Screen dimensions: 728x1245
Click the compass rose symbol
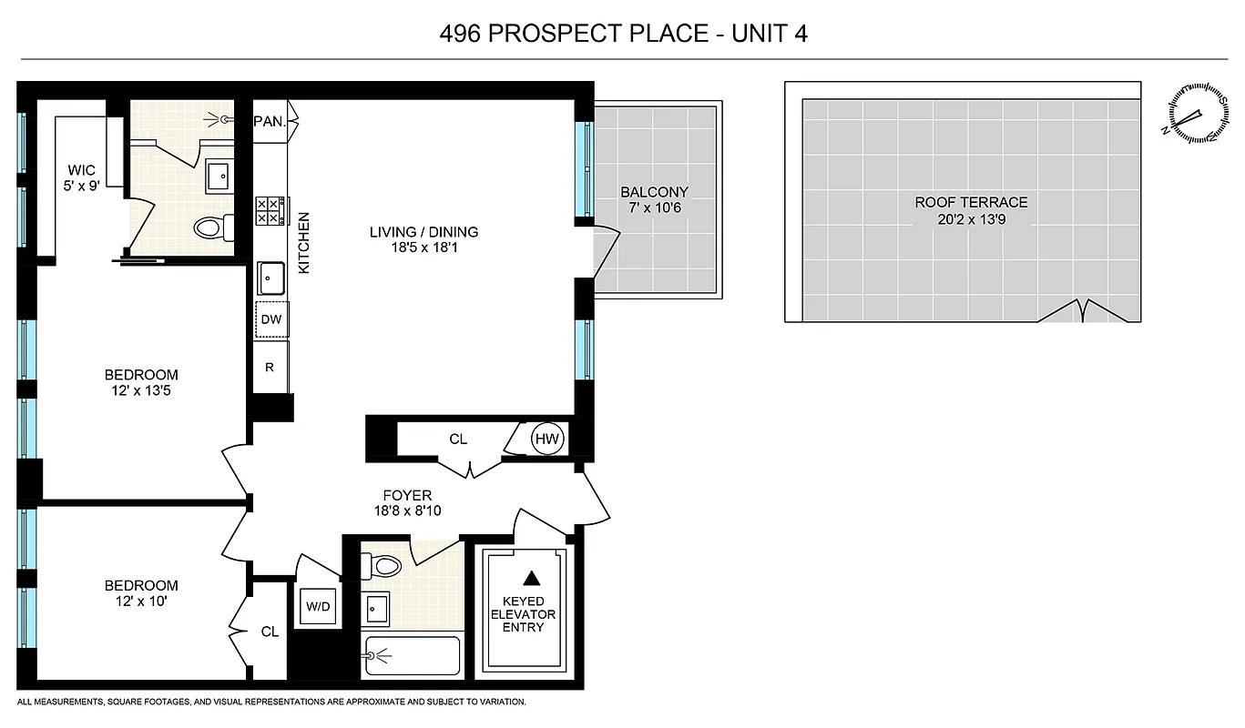click(x=1191, y=113)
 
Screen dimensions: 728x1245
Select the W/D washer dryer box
click(x=316, y=606)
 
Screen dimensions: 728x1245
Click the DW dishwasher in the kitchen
click(x=270, y=319)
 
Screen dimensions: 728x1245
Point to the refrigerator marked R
click(x=270, y=368)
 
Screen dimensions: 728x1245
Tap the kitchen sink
click(x=270, y=277)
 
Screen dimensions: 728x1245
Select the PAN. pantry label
click(x=270, y=120)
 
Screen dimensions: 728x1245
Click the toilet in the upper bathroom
click(x=210, y=226)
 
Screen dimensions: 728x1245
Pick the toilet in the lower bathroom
click(x=384, y=566)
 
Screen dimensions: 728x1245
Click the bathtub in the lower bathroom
click(x=412, y=655)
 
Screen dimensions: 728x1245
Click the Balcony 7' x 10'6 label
click(x=654, y=199)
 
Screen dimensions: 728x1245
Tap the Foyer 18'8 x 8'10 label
click(x=408, y=503)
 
